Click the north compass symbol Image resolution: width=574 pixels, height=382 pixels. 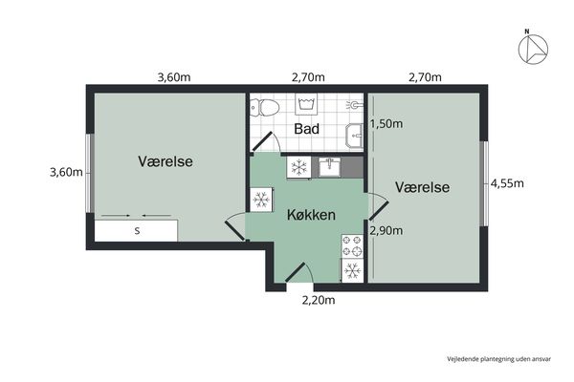click(x=533, y=50)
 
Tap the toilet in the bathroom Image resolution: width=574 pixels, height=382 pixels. click(x=265, y=107)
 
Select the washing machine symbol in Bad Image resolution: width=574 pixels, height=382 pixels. click(x=306, y=104)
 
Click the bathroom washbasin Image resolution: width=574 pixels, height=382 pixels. click(x=354, y=136)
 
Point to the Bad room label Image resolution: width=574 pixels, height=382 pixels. click(x=307, y=129)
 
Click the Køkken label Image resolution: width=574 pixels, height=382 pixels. click(x=311, y=215)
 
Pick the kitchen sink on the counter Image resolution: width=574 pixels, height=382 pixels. click(x=329, y=167)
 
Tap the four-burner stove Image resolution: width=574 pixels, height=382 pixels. click(x=352, y=246)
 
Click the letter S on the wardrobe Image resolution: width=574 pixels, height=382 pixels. click(x=137, y=231)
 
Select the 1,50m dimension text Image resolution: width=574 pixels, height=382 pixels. click(x=386, y=124)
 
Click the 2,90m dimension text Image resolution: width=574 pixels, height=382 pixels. click(x=386, y=231)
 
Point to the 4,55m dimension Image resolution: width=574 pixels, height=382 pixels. click(x=507, y=183)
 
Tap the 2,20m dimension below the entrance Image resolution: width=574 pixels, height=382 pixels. click(x=319, y=300)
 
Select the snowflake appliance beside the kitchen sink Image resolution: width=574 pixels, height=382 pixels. click(x=299, y=167)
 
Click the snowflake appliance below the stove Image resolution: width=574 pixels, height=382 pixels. click(x=352, y=271)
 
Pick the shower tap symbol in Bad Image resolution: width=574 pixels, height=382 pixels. click(x=354, y=105)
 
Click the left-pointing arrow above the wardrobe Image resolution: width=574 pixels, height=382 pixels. click(x=157, y=215)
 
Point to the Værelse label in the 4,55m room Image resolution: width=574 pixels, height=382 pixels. click(x=423, y=187)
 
